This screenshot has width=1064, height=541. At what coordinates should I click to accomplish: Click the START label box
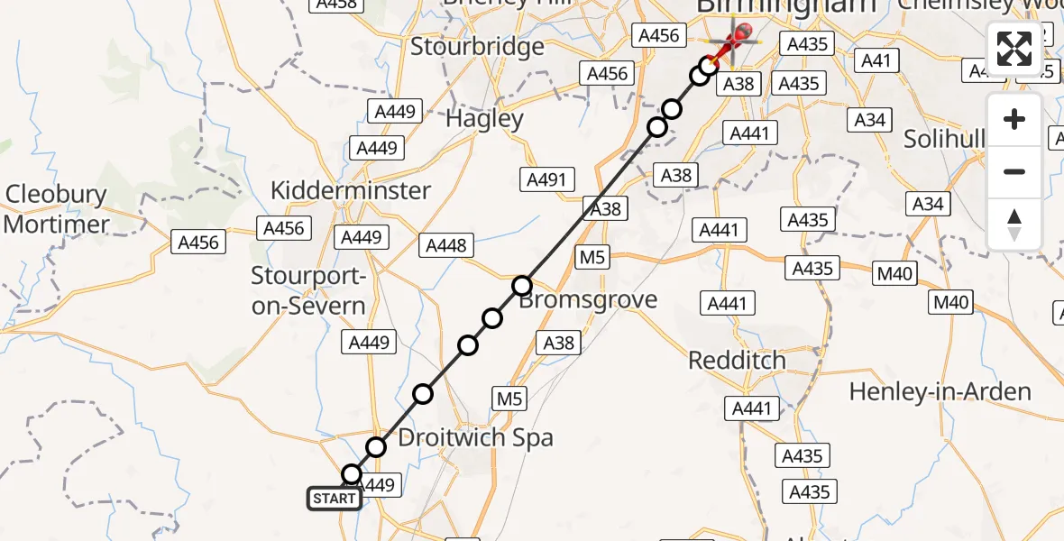coord(335,498)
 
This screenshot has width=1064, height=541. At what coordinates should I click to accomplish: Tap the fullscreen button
coord(1014,48)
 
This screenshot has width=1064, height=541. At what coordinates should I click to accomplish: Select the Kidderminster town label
coord(351,191)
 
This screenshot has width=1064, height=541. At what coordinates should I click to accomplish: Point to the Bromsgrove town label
coord(590,299)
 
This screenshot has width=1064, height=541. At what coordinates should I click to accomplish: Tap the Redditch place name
coord(737,361)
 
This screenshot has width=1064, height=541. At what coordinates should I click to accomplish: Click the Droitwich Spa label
coord(475,438)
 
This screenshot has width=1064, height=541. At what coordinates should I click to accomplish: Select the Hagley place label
coord(485,119)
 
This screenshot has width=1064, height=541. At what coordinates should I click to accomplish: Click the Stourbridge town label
coord(478,47)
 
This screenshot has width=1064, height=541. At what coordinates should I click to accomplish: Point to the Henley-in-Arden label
coord(940,391)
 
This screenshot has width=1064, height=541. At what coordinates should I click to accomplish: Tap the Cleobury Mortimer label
coord(56,209)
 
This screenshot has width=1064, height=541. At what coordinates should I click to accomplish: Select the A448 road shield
coord(446,245)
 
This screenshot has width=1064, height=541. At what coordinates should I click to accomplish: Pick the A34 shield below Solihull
coord(928,204)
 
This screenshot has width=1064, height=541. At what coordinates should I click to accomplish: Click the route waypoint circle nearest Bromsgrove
coord(523,287)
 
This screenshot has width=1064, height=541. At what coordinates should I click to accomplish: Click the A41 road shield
coord(876,61)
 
